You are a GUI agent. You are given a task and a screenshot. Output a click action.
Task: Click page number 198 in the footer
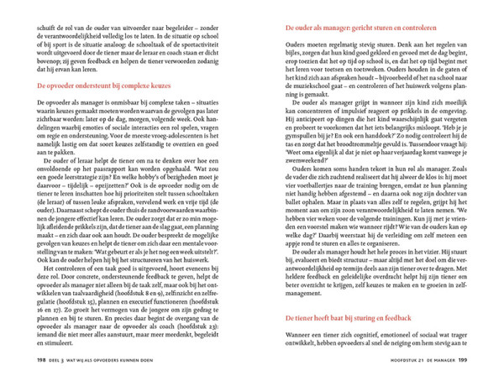[x=41, y=360]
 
